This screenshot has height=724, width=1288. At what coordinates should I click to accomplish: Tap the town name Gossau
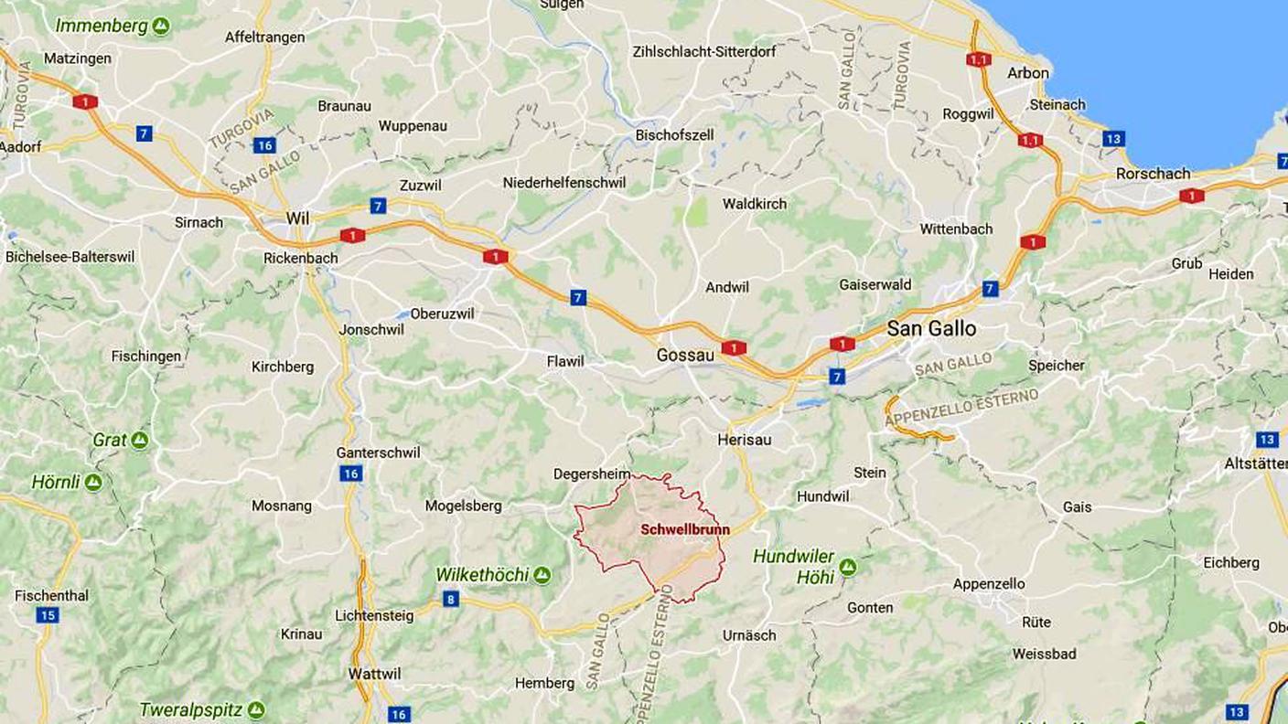click(685, 355)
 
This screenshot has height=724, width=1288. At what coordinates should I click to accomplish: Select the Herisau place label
click(744, 440)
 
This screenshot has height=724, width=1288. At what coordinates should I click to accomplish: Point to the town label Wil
click(297, 218)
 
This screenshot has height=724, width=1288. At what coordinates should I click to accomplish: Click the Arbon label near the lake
click(1028, 73)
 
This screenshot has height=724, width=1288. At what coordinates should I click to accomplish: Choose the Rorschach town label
click(1153, 174)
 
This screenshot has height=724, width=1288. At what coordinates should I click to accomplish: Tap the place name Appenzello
click(989, 584)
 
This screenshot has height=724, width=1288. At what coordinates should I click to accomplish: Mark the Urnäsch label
click(749, 635)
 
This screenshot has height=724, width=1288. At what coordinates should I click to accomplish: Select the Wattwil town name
click(374, 674)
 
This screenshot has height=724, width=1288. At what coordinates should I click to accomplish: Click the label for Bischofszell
click(674, 135)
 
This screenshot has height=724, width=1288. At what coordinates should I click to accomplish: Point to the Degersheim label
click(592, 474)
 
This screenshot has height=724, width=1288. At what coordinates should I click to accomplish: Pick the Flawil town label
click(564, 361)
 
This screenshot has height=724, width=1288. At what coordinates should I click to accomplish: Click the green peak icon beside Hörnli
click(93, 482)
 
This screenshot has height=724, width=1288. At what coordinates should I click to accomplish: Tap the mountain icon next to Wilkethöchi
click(542, 575)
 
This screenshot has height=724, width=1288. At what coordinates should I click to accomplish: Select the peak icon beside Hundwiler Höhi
click(847, 567)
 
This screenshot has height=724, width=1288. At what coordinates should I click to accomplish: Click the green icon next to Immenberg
click(161, 26)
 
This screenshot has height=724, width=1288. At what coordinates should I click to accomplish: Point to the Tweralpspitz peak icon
click(256, 710)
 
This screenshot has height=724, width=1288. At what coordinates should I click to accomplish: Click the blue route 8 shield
click(450, 600)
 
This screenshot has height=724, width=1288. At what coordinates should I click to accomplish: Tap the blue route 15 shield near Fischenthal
click(48, 615)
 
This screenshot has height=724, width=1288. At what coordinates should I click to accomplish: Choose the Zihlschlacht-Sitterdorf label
click(703, 52)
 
